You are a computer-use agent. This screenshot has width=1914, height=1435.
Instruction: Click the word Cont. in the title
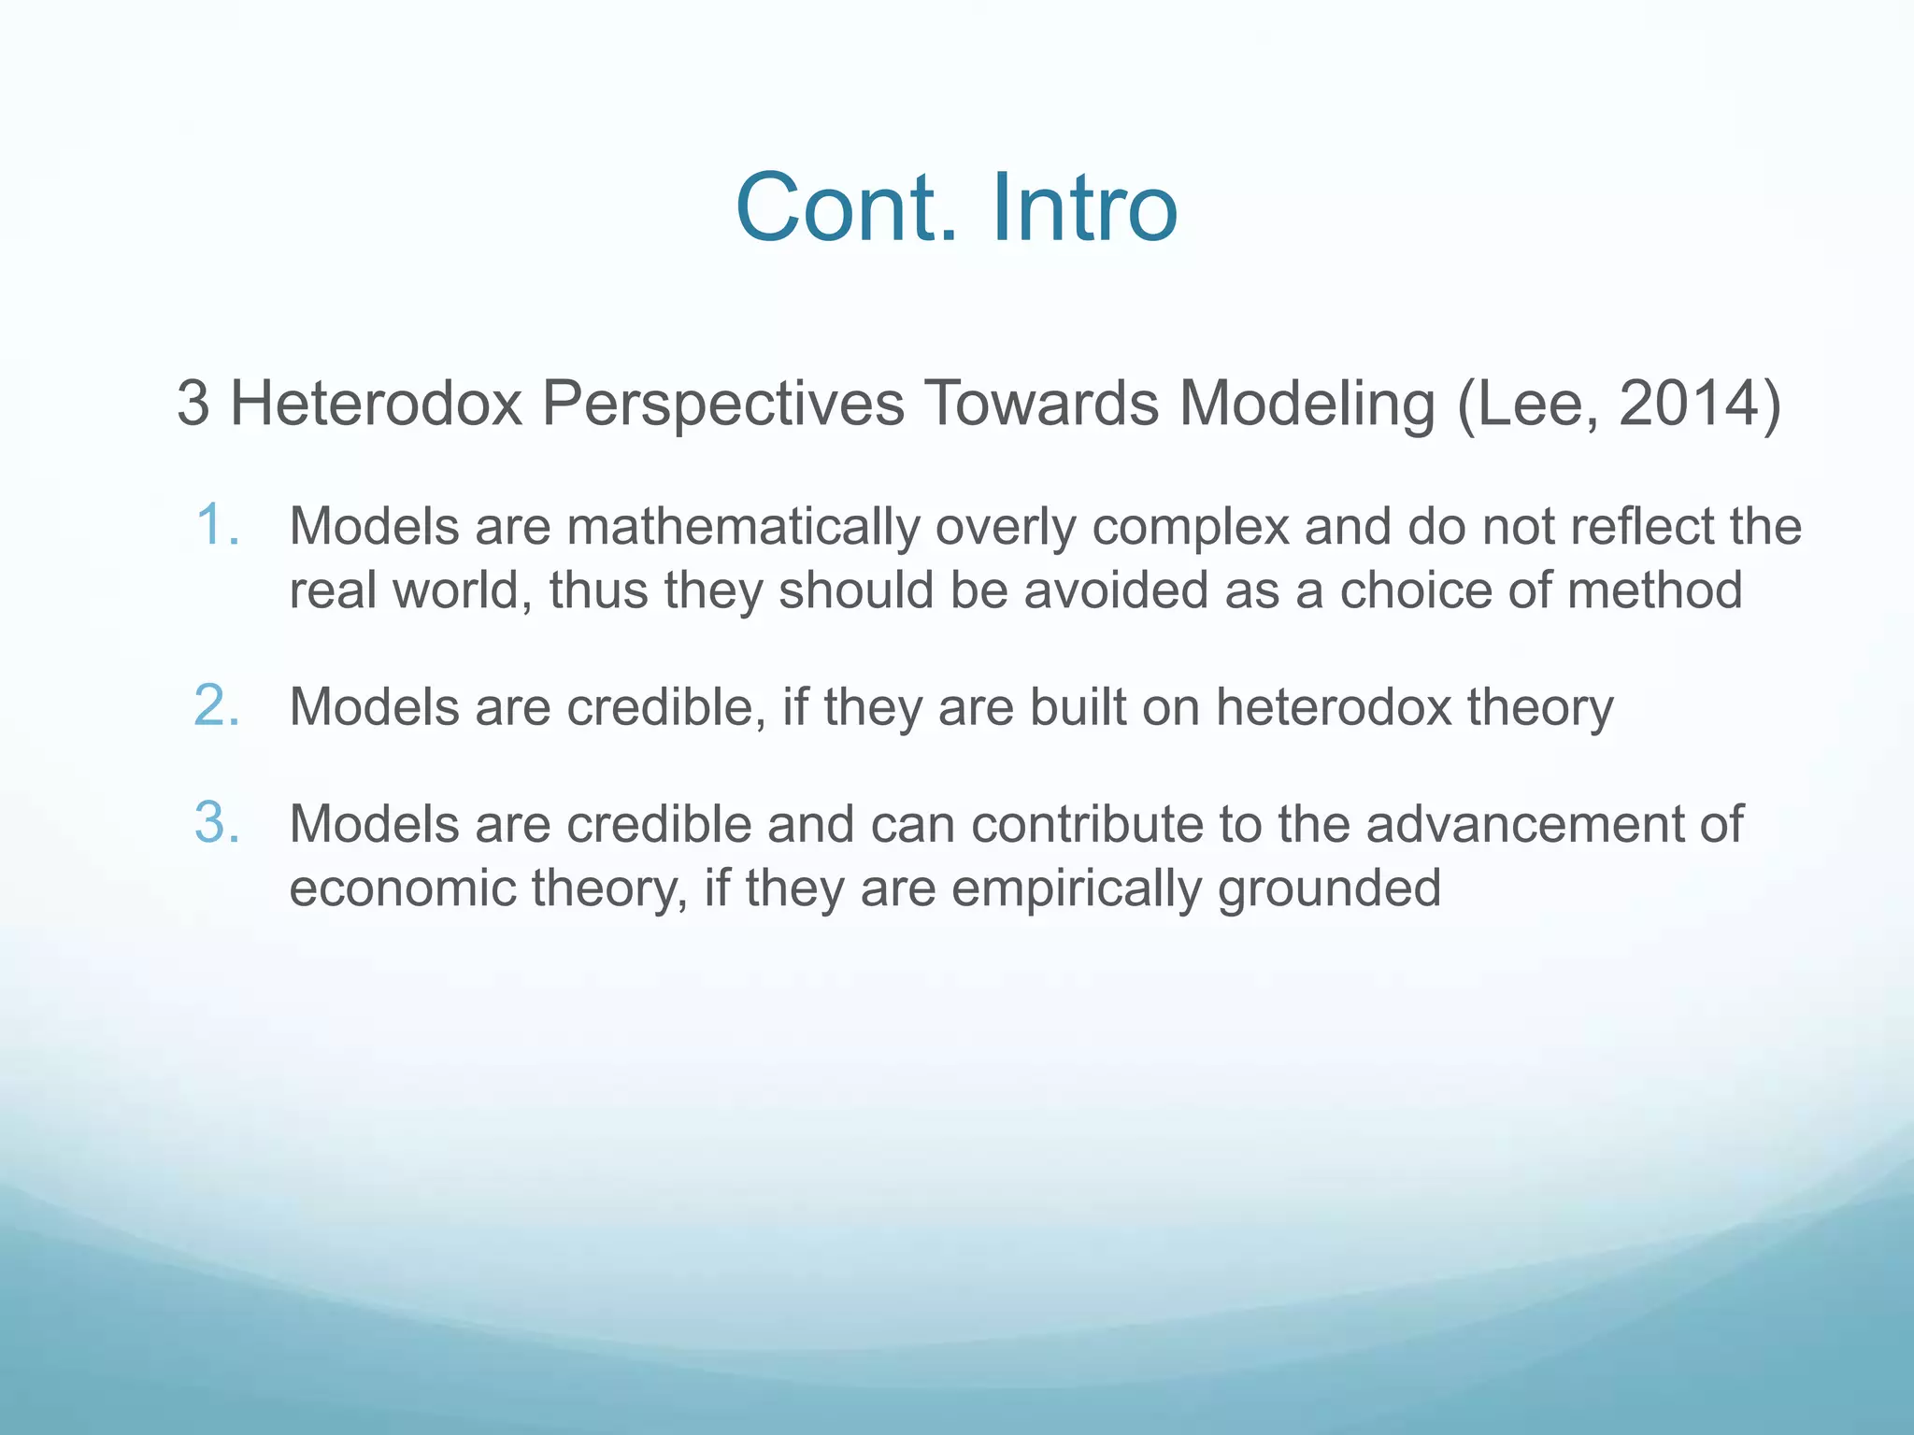pyautogui.click(x=847, y=207)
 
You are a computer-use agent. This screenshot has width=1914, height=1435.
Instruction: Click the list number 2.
pyautogui.click(x=217, y=705)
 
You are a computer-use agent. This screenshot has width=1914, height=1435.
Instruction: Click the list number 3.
pyautogui.click(x=217, y=823)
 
